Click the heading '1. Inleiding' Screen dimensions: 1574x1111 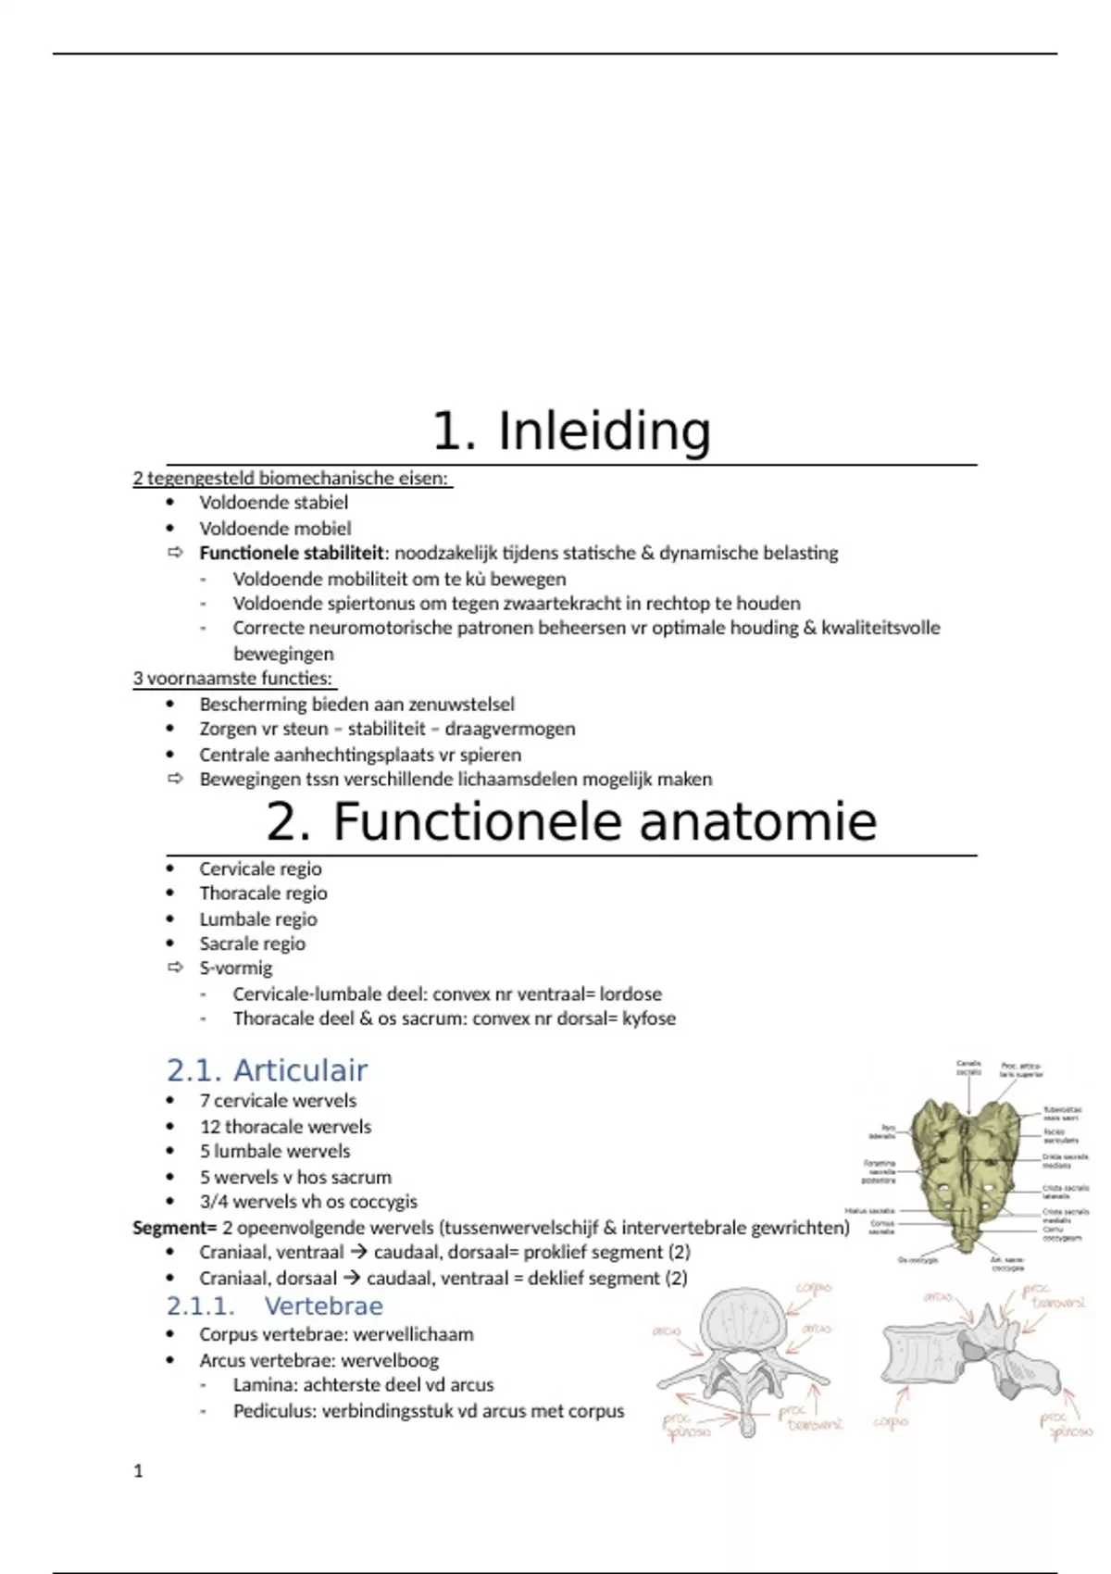click(x=571, y=431)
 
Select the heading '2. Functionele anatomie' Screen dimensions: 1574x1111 click(x=571, y=822)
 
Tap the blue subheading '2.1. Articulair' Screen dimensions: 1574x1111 click(x=267, y=1070)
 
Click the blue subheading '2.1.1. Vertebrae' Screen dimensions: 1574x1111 click(x=275, y=1305)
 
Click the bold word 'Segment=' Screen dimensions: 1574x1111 click(x=174, y=1228)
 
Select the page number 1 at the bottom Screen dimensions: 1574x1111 click(x=139, y=1471)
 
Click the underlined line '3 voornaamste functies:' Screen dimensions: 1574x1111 click(x=232, y=678)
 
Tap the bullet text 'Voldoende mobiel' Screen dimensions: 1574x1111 click(x=275, y=529)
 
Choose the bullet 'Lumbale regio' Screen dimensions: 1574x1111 click(x=258, y=919)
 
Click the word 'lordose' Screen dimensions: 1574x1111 click(x=630, y=994)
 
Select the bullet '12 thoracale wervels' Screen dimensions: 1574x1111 click(x=285, y=1127)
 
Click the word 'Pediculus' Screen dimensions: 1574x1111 click(x=272, y=1411)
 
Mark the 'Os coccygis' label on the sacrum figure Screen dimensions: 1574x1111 click(x=918, y=1260)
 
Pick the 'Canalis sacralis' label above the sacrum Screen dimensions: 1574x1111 click(x=968, y=1068)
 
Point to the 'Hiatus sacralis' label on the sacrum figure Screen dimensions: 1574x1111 click(x=869, y=1211)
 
